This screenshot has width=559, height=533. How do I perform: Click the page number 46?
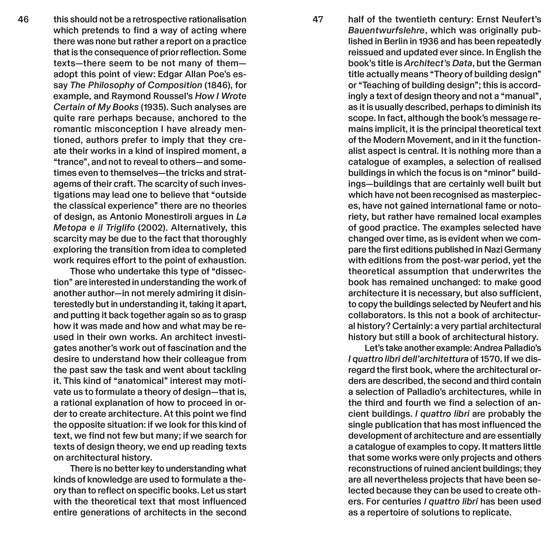23,20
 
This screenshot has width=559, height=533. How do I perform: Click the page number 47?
318,20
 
